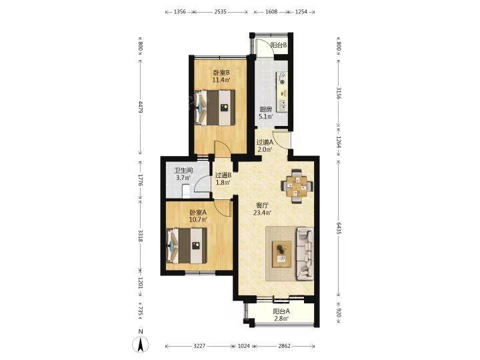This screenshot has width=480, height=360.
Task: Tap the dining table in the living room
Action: tap(297, 186)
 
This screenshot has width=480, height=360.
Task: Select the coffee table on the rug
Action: tap(282, 254)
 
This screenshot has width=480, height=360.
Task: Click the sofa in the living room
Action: tap(305, 254)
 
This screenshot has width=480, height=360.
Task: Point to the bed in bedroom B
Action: tap(215, 107)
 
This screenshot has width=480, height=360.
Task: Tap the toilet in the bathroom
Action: tap(186, 191)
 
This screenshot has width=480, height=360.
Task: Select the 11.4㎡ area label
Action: tap(221, 80)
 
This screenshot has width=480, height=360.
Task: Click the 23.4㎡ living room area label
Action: tap(263, 213)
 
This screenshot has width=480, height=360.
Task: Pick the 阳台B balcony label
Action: tap(279, 45)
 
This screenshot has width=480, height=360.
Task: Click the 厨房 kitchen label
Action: tap(265, 109)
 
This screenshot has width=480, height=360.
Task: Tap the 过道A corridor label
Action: tap(265, 143)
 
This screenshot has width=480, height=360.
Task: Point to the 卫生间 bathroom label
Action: tap(183, 171)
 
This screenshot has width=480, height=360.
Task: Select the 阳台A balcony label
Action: tap(281, 311)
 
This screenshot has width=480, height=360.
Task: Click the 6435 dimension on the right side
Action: tap(338, 228)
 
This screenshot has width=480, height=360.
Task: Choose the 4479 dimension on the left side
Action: tap(141, 107)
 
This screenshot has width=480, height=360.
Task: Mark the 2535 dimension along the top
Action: tap(221, 12)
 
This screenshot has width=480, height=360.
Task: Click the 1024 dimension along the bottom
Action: tap(244, 346)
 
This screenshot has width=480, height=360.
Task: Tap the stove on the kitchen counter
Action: tap(282, 79)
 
